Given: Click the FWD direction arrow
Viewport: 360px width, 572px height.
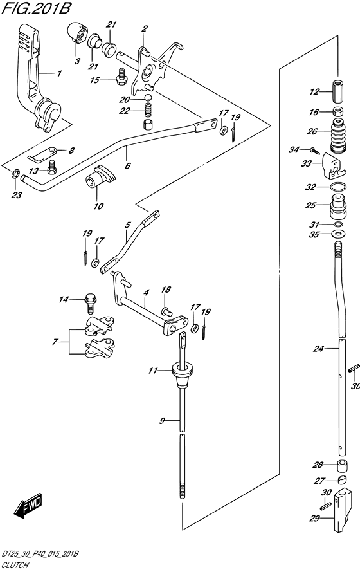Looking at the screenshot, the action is pyautogui.click(x=28, y=506).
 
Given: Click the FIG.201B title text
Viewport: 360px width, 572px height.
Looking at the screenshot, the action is pyautogui.click(x=36, y=8).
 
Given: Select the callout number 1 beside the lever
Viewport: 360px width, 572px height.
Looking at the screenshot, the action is pyautogui.click(x=59, y=73).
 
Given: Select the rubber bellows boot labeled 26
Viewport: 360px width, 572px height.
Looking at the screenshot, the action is pyautogui.click(x=338, y=137).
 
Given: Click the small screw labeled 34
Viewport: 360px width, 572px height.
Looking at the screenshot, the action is pyautogui.click(x=316, y=151).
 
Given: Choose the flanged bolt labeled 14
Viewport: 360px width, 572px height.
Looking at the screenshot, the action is pyautogui.click(x=90, y=304).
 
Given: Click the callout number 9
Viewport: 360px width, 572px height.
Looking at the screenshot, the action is pyautogui.click(x=162, y=421).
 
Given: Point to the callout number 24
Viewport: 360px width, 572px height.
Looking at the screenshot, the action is pyautogui.click(x=318, y=349).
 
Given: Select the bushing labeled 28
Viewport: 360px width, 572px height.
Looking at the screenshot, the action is pyautogui.click(x=341, y=466).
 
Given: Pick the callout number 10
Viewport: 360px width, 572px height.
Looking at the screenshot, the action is pyautogui.click(x=98, y=206).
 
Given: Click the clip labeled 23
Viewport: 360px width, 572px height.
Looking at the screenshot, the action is pyautogui.click(x=15, y=173).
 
